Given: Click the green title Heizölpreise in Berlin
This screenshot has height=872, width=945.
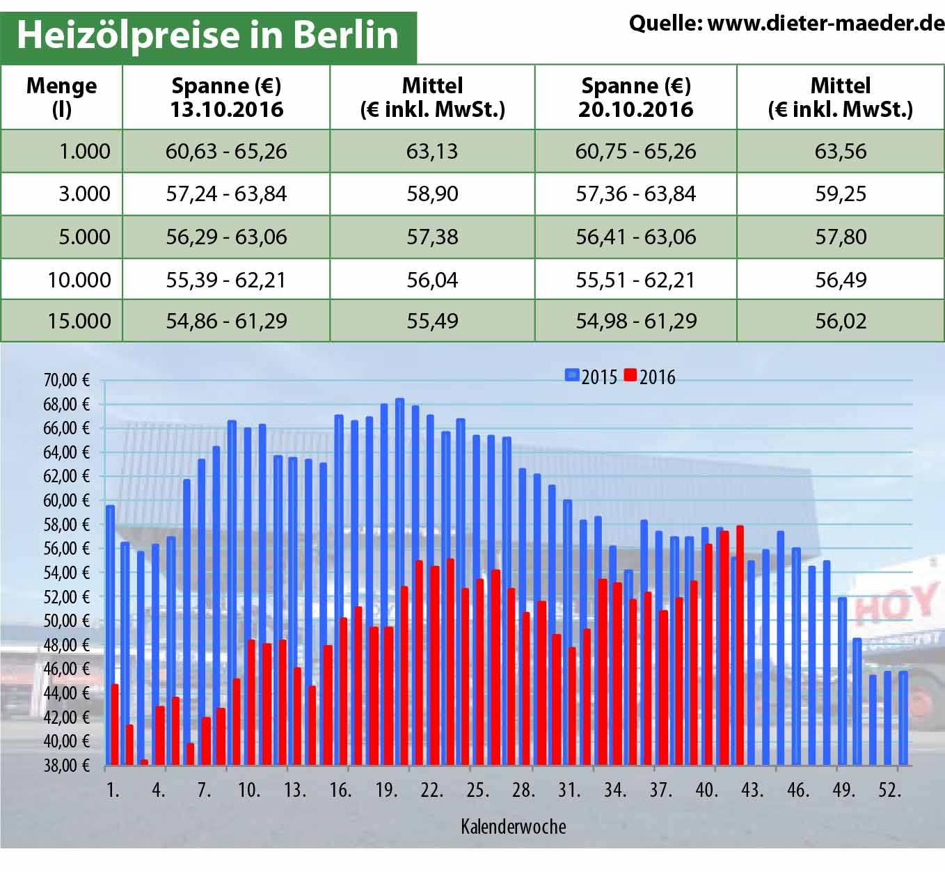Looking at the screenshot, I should point(207,35).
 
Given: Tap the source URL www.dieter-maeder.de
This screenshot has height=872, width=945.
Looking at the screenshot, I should point(825,24).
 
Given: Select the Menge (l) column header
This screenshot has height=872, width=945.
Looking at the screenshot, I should point(61,97).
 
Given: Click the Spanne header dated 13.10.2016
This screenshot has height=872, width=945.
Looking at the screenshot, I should point(226,97).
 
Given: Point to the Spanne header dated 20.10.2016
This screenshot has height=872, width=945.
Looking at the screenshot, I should point(635,97).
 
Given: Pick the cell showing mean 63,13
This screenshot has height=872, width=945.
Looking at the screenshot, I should point(432,151).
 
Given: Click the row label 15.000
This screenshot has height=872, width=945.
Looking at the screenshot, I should point(79,321).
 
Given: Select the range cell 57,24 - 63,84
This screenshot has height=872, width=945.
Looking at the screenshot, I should point(226,193).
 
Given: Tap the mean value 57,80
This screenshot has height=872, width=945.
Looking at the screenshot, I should point(841,237).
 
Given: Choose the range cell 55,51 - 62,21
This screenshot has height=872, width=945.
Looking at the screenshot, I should point(635,280).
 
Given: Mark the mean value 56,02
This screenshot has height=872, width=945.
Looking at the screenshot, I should point(841,321).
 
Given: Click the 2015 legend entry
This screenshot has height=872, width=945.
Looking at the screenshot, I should point(591,376).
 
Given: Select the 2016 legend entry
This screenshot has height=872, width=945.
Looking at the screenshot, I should point(650,376).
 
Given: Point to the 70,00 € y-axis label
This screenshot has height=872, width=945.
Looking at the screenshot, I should point(67,380).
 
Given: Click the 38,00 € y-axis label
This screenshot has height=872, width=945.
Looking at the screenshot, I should point(67,766).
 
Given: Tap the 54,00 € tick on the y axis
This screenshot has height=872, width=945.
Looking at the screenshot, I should point(67,573).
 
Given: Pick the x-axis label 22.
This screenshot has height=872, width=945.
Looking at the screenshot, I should point(431,790).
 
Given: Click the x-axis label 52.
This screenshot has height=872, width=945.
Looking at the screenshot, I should point(889,790).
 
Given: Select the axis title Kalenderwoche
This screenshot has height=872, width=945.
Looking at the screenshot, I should point(513,827).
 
